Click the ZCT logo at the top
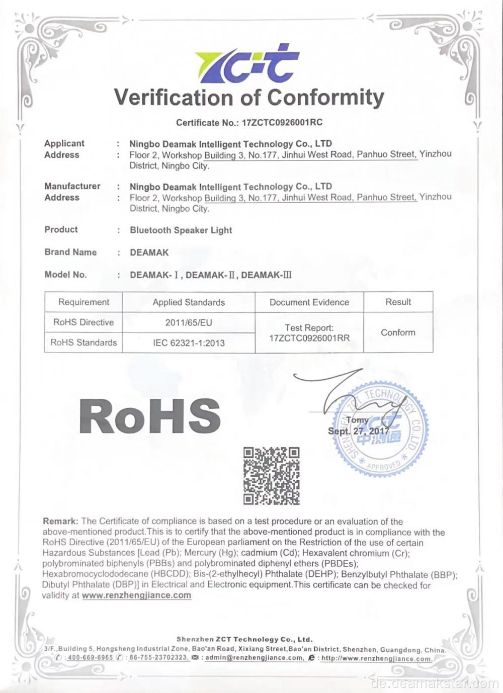click(247, 64)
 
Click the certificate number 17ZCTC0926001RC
click(282, 122)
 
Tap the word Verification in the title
click(174, 97)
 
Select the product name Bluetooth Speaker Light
click(181, 230)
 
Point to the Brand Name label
click(70, 252)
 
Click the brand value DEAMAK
click(149, 252)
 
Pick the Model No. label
click(65, 275)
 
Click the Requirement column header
click(83, 302)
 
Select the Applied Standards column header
click(189, 302)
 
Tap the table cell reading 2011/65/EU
click(189, 322)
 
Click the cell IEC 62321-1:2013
click(189, 343)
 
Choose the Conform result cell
click(398, 332)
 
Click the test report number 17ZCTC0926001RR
click(309, 338)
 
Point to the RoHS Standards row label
click(83, 342)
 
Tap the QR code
click(271, 476)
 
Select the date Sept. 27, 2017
click(358, 431)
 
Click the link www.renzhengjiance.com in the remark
click(136, 595)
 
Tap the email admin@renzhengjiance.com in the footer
click(255, 658)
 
